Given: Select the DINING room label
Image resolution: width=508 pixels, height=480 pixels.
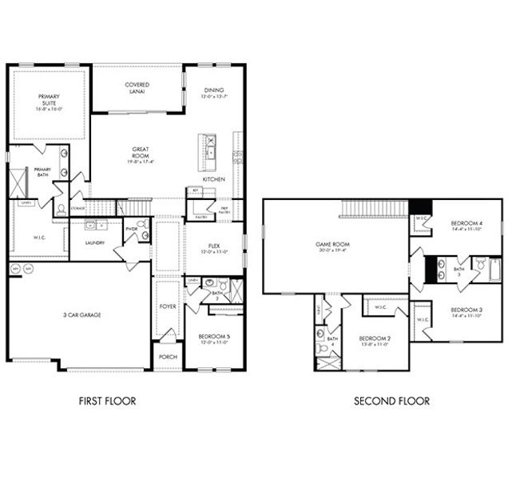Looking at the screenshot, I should (213, 90).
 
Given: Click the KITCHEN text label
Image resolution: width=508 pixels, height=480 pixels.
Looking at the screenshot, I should (213, 179).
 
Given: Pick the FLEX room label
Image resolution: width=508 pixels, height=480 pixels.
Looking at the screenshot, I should (213, 246).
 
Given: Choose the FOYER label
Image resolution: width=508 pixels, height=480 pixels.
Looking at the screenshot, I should (167, 305).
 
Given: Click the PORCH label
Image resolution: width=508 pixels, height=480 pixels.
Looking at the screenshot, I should (167, 357).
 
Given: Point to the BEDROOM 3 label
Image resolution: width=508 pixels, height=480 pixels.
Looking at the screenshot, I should (466, 310).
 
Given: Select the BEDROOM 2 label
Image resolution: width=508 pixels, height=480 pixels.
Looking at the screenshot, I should (374, 338).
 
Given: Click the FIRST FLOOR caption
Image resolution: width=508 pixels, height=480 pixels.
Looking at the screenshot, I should (106, 401).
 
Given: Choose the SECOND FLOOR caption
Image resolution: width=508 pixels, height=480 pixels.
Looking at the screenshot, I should (391, 401).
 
